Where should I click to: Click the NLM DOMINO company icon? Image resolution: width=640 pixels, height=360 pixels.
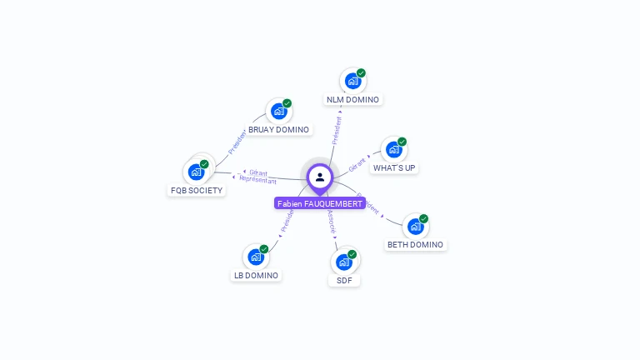[352, 81]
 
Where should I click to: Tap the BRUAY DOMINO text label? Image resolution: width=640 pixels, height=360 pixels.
[278, 130]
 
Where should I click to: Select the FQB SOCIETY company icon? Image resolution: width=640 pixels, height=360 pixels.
[197, 172]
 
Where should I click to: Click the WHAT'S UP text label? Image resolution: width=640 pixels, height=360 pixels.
[394, 167]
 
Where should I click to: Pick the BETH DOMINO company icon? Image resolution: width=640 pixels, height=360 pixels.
[415, 227]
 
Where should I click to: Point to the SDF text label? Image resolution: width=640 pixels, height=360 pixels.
[344, 281]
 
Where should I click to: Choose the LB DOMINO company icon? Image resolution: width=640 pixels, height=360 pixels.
[256, 257]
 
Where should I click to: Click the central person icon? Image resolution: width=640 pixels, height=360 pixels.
[320, 177]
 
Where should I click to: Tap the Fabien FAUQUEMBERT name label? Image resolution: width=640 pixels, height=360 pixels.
[320, 203]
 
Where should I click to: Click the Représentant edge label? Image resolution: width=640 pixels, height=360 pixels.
[257, 180]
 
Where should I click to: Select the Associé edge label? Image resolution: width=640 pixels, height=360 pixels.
[331, 221]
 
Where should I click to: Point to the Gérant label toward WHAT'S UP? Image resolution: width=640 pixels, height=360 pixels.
[357, 162]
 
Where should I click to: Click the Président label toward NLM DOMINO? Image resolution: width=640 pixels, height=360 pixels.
[337, 130]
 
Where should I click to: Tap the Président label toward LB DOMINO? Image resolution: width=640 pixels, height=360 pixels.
[287, 220]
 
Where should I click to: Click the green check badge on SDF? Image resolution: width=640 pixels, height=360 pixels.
[352, 254]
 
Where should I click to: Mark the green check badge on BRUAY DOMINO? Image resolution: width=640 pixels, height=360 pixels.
[287, 103]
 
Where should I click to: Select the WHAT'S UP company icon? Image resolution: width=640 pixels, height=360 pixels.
[393, 149]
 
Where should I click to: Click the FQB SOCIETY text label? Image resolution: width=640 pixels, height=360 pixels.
[197, 190]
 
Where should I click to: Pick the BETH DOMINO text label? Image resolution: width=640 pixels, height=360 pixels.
[416, 245]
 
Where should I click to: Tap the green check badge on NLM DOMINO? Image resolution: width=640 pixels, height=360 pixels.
[361, 73]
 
